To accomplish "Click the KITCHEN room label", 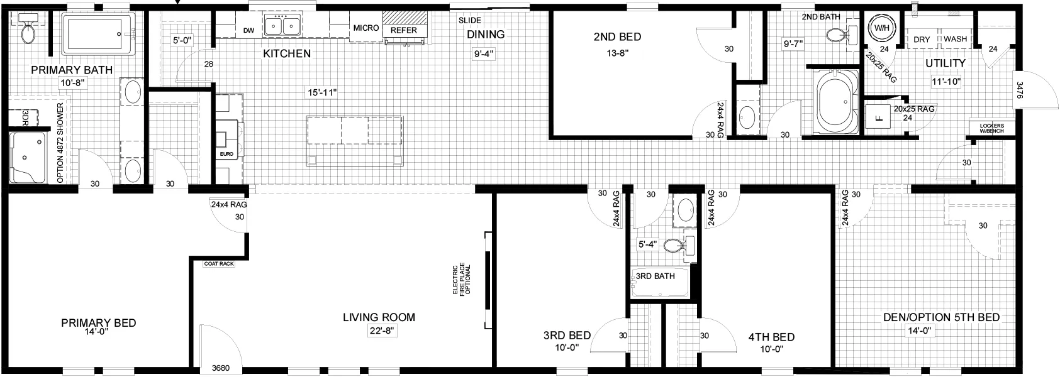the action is tap(287, 54).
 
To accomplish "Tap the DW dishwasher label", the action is tap(249, 31).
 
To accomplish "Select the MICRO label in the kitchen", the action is tap(366, 28).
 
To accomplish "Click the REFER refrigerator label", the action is tap(404, 30).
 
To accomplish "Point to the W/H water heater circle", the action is tap(881, 28).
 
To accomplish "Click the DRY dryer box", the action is tap(922, 39).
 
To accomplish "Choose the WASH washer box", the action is tap(956, 39).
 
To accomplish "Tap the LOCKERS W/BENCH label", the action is tap(992, 128).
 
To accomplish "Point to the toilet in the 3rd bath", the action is tap(678, 246).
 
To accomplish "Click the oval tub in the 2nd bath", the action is tap(835, 101).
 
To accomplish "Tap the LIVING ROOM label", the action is tap(379, 317).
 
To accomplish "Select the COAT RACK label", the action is tap(219, 264).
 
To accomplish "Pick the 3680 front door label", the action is tap(221, 368).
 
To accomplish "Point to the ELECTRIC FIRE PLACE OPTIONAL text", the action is tap(462, 280).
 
